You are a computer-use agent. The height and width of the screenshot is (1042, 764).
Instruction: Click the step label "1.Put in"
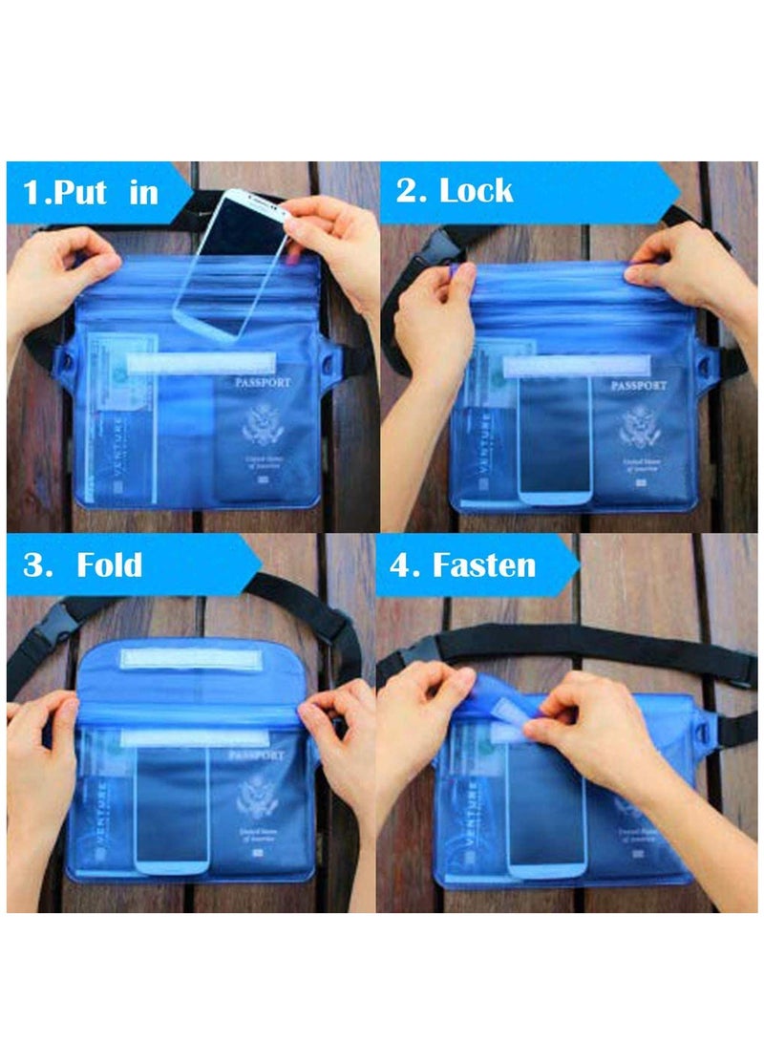[91, 192]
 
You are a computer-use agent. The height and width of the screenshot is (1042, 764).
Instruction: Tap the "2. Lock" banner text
[454, 190]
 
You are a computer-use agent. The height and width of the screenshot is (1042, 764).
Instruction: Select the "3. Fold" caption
[83, 564]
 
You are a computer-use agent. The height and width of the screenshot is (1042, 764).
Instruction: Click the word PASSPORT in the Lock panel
[639, 386]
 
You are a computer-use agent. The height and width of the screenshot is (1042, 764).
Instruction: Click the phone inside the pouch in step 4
[545, 812]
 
